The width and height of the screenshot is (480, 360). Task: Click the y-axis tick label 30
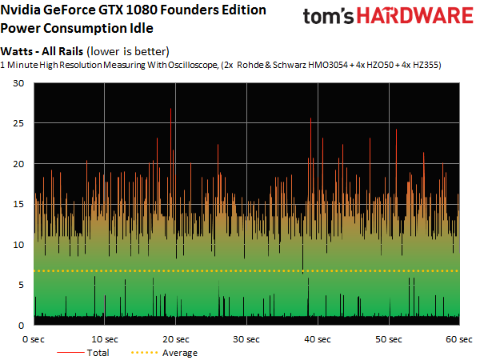tap(18, 84)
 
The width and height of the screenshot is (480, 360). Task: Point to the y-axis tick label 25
tap(18, 124)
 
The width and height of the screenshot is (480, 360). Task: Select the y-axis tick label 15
tap(18, 205)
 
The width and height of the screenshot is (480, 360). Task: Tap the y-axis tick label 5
tap(22, 286)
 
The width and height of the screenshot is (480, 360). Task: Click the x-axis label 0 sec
tap(33, 339)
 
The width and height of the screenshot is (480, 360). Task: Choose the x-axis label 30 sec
tap(246, 339)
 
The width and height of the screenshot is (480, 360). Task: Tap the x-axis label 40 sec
tap(318, 339)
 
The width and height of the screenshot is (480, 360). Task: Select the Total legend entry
tap(98, 352)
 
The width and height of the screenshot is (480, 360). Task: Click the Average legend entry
tap(179, 352)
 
